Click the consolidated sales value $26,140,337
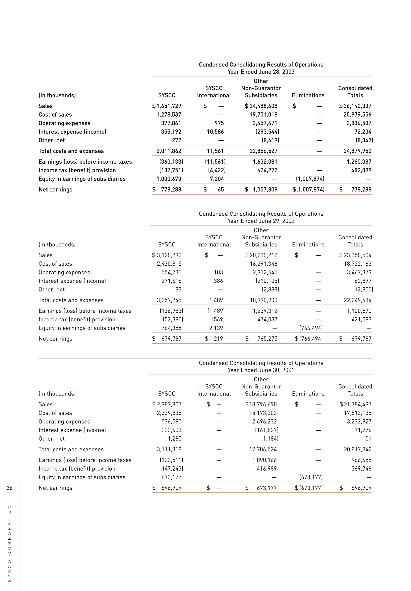point(355,106)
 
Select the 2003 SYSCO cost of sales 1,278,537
point(169,115)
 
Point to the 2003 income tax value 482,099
point(361,170)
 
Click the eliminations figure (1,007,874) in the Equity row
point(310,179)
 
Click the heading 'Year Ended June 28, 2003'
point(261,72)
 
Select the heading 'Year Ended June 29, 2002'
point(261,221)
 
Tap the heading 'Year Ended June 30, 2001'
point(261,370)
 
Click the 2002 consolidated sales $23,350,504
point(355,255)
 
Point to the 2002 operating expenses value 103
point(218,272)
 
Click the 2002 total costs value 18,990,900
point(263,300)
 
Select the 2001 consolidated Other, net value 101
point(367,439)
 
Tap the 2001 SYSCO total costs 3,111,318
point(169,449)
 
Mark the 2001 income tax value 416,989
point(267,469)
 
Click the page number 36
point(9,488)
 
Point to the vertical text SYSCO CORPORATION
point(9,543)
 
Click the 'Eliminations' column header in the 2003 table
point(308,96)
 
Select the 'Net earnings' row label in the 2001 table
point(55,488)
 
